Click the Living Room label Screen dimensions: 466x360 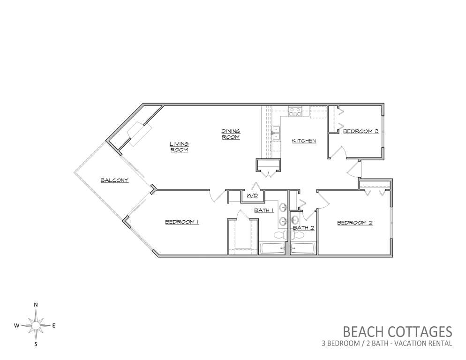[179, 147]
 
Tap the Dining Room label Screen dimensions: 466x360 [231, 134]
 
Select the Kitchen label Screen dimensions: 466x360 [304, 141]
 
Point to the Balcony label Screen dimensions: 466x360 [114, 180]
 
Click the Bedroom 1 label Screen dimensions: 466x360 [181, 222]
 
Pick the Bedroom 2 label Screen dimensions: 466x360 [355, 223]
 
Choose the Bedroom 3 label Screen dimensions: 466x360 [361, 131]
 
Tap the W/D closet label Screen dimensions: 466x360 [252, 195]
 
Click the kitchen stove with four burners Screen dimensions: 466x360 [295, 112]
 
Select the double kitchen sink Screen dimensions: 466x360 [276, 133]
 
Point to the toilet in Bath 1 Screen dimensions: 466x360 [280, 235]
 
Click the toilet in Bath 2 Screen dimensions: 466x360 [297, 235]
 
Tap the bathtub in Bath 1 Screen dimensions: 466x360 [272, 248]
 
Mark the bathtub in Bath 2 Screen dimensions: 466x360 [303, 248]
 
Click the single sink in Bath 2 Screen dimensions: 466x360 [294, 220]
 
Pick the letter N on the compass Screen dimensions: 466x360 [36, 305]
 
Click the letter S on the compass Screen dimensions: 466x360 [36, 345]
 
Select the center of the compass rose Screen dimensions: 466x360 [36, 326]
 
